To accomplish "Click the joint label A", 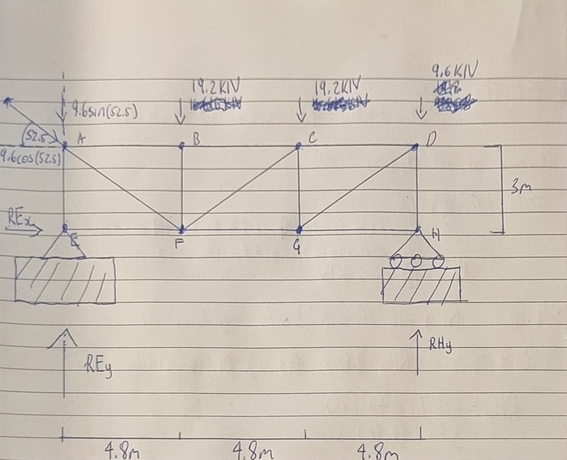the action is pyautogui.click(x=81, y=138).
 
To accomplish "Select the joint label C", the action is pyautogui.click(x=312, y=138).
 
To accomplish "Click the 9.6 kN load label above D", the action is pyautogui.click(x=454, y=70).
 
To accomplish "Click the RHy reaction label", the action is pyautogui.click(x=440, y=346).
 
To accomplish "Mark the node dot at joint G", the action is pyautogui.click(x=299, y=229).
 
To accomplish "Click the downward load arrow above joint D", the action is pyautogui.click(x=421, y=109).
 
